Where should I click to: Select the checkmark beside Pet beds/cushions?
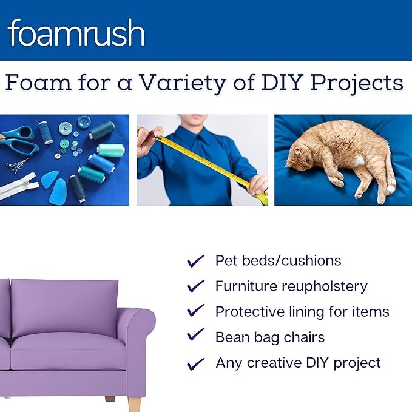(196, 261)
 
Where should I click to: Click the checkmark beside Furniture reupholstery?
(196, 286)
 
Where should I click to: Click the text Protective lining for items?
(302, 312)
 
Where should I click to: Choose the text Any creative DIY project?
(298, 363)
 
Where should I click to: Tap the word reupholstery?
(327, 286)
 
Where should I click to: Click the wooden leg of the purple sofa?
(134, 404)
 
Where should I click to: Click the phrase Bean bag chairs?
(270, 337)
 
